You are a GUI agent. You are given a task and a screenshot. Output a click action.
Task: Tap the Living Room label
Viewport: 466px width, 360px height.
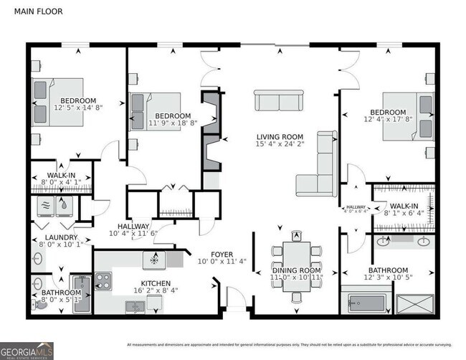pos(280,137)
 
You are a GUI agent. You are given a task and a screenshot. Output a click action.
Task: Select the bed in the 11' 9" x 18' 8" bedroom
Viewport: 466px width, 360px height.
pos(156,111)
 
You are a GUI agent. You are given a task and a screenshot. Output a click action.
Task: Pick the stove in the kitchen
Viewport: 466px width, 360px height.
pos(103,280)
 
